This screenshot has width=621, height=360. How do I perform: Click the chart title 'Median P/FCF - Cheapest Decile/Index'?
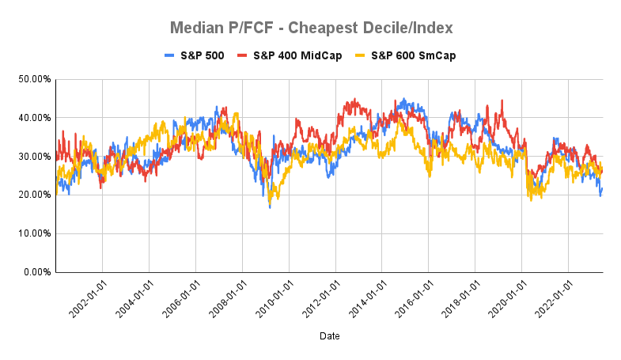[x=312, y=28]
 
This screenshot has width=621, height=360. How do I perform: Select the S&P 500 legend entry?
[x=194, y=55]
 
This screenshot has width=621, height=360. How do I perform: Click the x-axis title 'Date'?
[x=330, y=336]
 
